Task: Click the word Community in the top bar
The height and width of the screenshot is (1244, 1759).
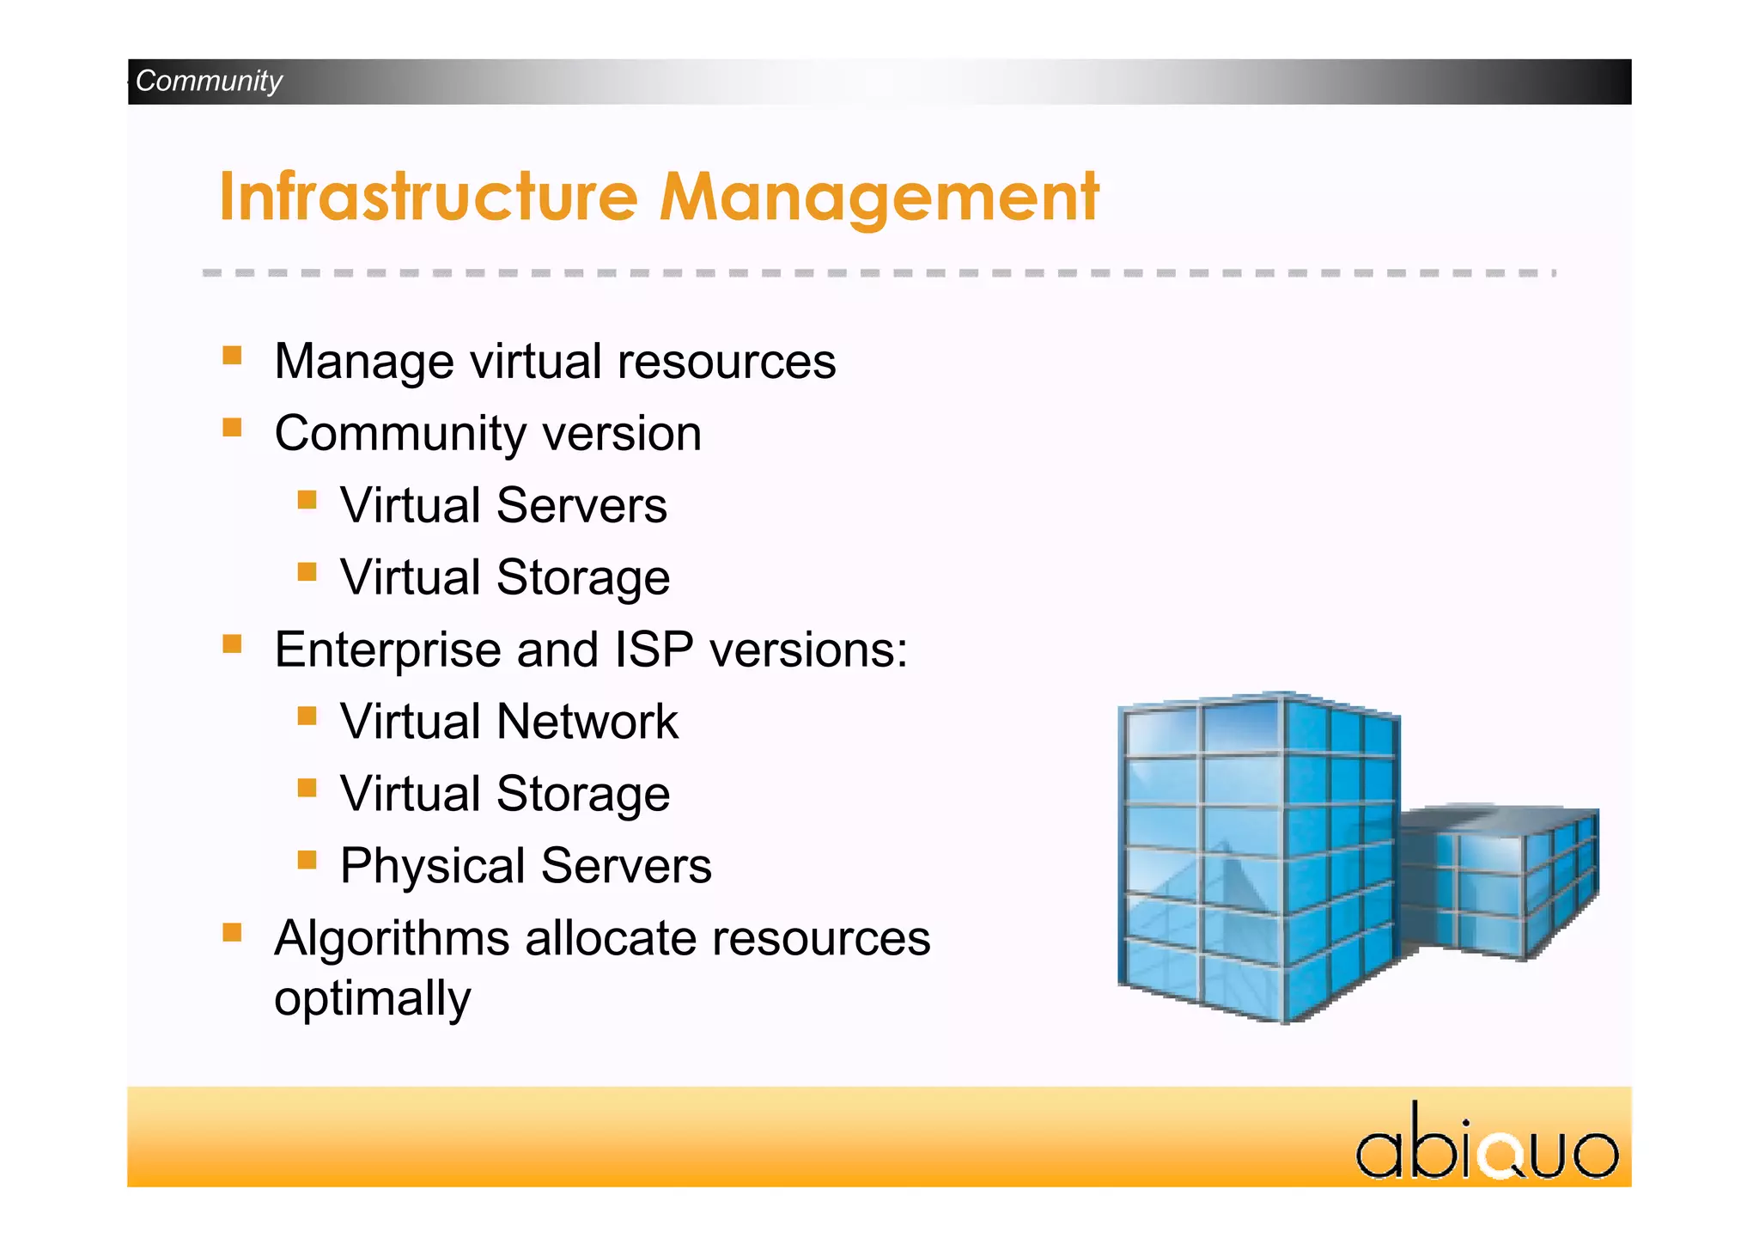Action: (x=209, y=81)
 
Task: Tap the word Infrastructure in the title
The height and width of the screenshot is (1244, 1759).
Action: (x=429, y=197)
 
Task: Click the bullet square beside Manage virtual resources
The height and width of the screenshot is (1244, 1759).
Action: (x=232, y=356)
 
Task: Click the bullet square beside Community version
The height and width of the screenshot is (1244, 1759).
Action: (x=232, y=428)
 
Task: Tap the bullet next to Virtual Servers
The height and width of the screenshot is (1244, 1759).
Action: (x=307, y=500)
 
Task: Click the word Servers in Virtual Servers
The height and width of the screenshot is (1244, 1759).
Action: (x=581, y=505)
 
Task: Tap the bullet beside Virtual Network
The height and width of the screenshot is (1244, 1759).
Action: (x=307, y=716)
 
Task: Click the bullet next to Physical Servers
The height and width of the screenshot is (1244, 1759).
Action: (x=307, y=860)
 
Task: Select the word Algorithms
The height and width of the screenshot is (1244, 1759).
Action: (x=392, y=938)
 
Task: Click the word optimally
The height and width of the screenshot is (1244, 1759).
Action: (x=372, y=999)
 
